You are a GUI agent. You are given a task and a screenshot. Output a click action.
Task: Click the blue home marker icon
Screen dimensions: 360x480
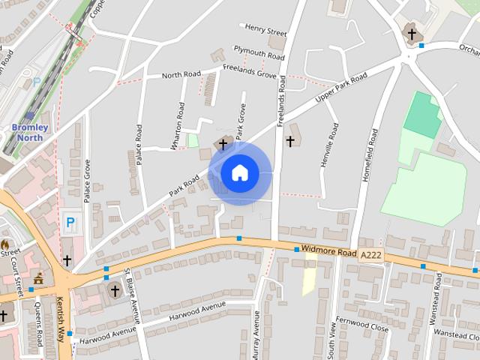[x=239, y=172]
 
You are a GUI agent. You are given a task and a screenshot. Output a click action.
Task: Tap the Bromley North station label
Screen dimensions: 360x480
[x=30, y=132]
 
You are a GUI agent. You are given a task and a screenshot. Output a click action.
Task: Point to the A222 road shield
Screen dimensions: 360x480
[x=370, y=255]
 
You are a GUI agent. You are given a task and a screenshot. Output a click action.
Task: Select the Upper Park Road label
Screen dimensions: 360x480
[x=341, y=88]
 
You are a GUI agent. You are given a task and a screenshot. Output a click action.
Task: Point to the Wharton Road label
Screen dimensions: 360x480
[x=178, y=125]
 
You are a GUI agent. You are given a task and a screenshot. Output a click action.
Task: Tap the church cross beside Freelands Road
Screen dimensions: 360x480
[x=290, y=141]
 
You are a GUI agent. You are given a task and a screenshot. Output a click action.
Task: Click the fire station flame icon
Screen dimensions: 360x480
[x=4, y=244]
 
